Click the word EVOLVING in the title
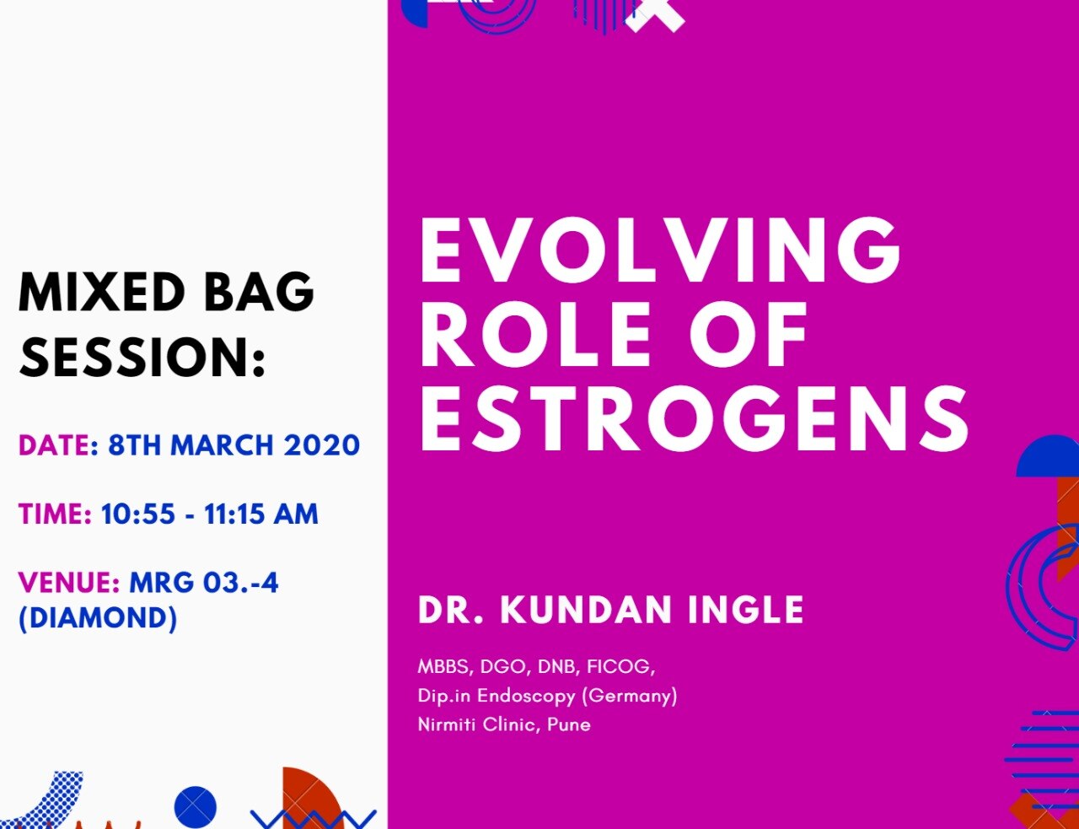click(660, 250)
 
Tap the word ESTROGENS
click(694, 419)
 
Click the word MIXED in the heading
click(102, 292)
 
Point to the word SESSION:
click(142, 357)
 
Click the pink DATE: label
click(59, 445)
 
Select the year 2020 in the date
click(322, 445)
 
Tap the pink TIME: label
click(55, 514)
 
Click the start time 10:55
click(138, 514)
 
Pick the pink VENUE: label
click(69, 582)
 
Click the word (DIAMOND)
click(98, 618)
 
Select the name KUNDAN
click(586, 610)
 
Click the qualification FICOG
click(620, 666)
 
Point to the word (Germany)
click(630, 696)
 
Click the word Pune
click(569, 724)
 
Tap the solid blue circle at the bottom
click(195, 807)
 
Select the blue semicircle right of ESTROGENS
click(1048, 456)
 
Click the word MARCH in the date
click(222, 445)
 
